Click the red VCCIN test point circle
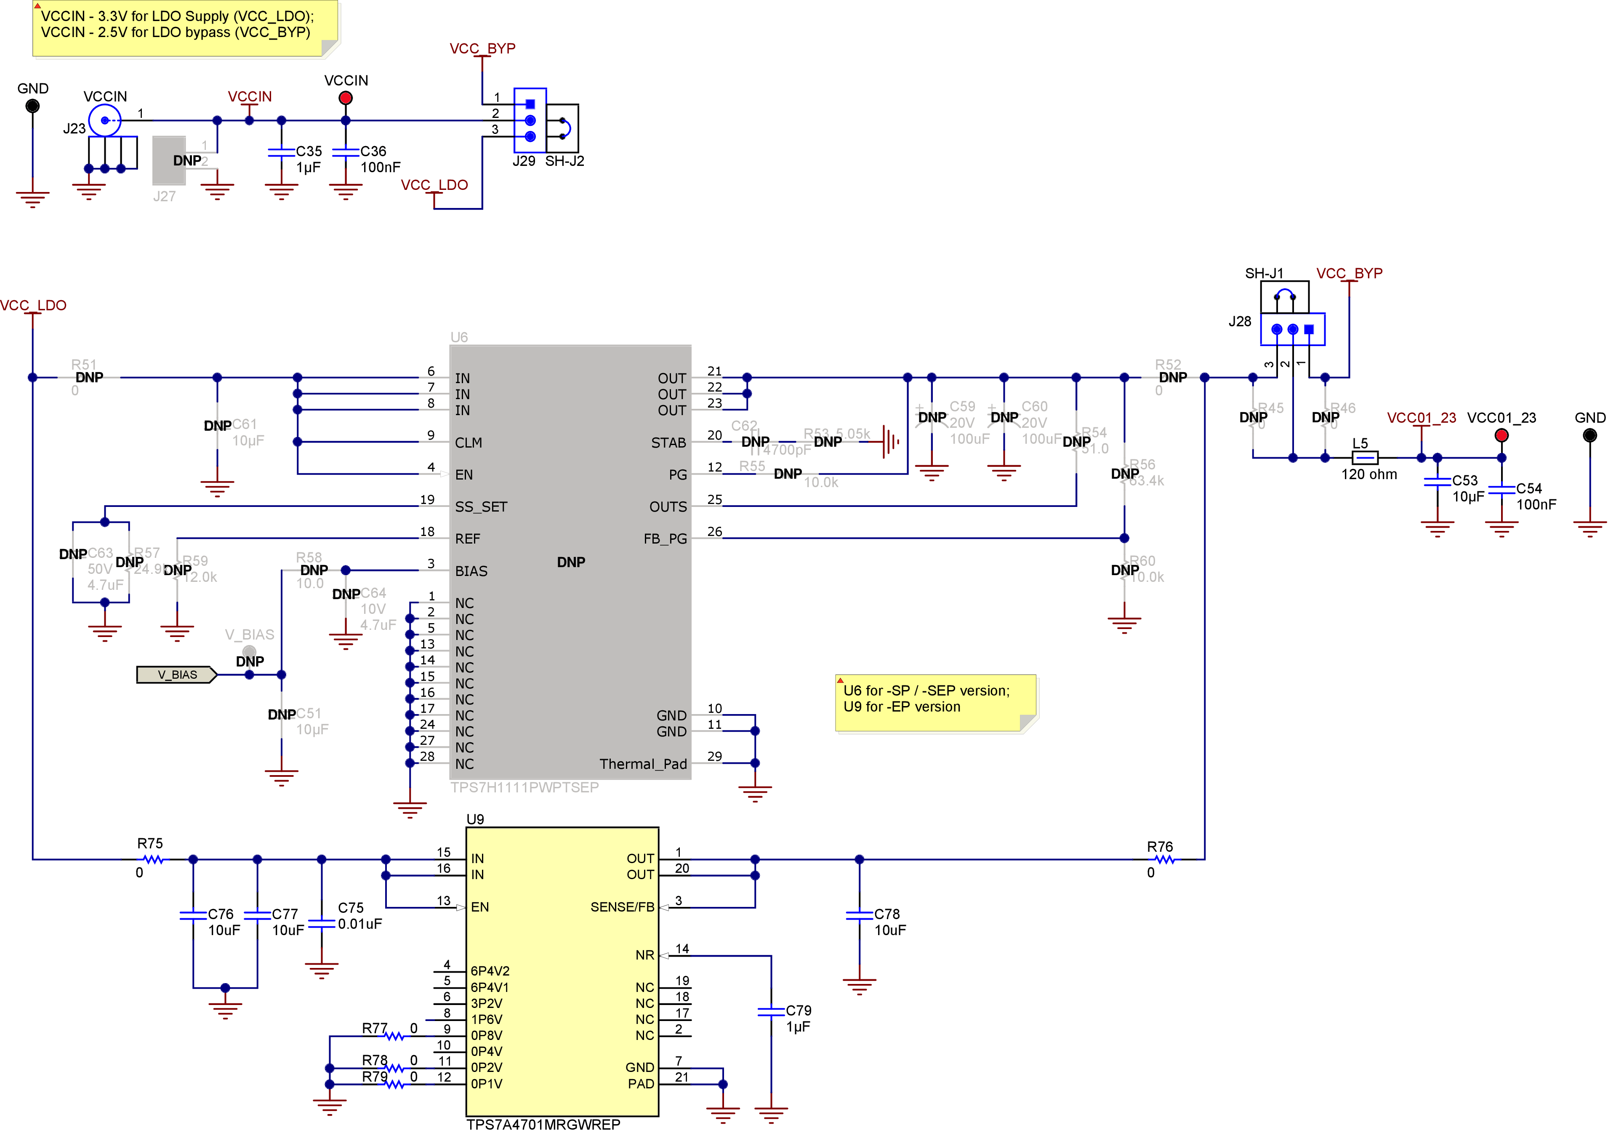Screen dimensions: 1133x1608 click(345, 98)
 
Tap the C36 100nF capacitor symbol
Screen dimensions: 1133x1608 click(345, 152)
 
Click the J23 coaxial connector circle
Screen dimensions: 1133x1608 click(104, 120)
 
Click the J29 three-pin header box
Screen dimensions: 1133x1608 click(530, 120)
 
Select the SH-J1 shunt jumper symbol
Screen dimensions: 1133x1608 click(1284, 296)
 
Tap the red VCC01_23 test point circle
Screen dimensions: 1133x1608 click(1501, 435)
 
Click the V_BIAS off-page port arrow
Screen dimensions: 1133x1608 click(176, 675)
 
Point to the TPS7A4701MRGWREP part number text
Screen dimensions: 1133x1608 click(543, 1124)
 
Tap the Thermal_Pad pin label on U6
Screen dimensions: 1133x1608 click(642, 764)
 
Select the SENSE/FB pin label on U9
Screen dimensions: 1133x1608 click(621, 906)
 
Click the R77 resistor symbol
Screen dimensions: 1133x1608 click(394, 1036)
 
